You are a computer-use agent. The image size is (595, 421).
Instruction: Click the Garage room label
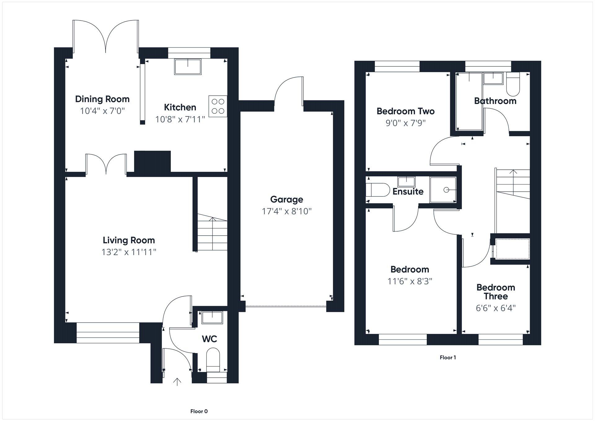coord(286,199)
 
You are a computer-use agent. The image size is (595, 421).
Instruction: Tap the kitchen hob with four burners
coord(218,106)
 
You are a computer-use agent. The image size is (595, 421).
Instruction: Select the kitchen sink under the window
coord(188,67)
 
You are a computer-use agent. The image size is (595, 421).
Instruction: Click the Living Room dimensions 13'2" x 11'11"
coord(129,252)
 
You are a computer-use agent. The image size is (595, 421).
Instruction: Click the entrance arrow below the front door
coord(177,382)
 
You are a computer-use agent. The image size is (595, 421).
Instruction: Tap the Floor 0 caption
coord(199,411)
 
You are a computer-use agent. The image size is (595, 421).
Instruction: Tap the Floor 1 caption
coord(447,357)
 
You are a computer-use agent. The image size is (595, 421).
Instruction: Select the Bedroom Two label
coord(405,111)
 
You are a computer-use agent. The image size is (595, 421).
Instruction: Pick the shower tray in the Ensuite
coord(443,190)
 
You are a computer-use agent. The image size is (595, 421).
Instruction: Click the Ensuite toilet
coord(377,190)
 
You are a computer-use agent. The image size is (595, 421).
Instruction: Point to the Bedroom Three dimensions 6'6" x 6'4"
coord(496,308)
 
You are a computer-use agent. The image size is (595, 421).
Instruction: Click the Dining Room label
coord(102,99)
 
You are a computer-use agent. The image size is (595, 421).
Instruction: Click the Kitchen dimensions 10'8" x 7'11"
coord(180,119)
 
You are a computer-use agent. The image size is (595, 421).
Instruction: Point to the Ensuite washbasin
coord(406,181)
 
